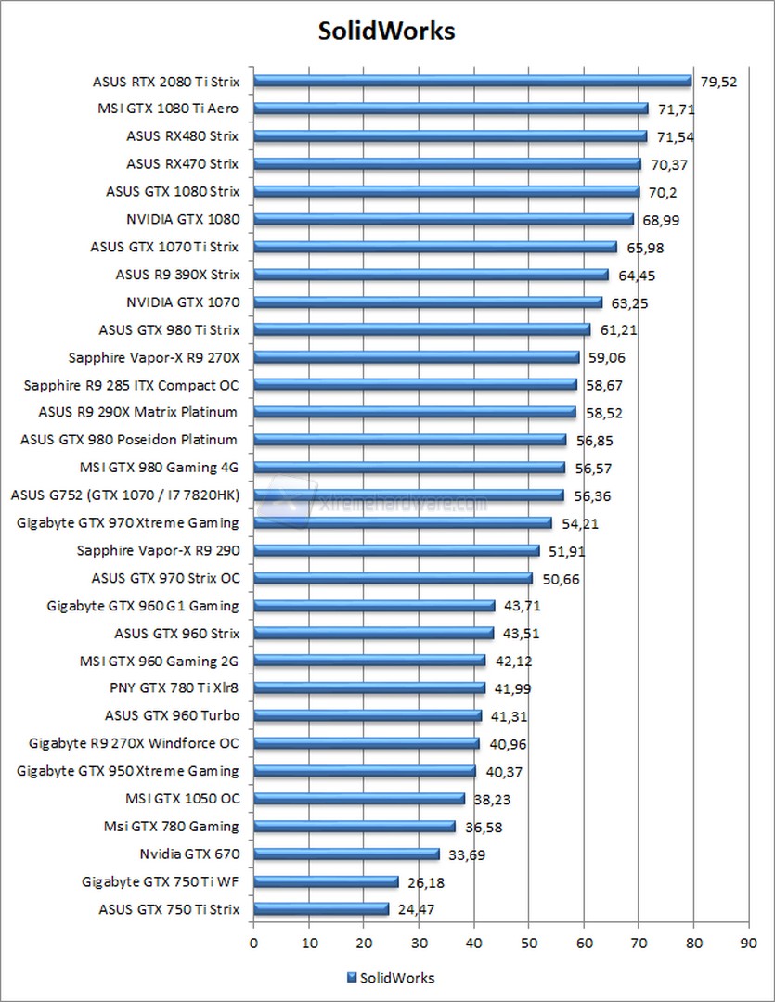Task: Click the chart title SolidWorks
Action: [387, 31]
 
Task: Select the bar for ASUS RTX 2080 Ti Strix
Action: [471, 81]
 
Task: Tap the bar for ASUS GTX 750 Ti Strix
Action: [321, 909]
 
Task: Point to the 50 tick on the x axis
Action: [528, 943]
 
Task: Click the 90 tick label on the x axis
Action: [748, 943]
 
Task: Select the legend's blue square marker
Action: [351, 977]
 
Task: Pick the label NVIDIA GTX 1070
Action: [183, 302]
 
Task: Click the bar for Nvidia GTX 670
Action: [346, 854]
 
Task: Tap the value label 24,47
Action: [416, 910]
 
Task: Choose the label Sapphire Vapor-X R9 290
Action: [158, 551]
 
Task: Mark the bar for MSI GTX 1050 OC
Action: [358, 798]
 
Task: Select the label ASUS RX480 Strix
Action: [183, 136]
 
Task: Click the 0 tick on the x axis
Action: [253, 943]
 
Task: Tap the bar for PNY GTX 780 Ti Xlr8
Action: [368, 687]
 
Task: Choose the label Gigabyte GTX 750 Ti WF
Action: [161, 881]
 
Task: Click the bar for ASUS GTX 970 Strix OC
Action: [393, 578]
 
